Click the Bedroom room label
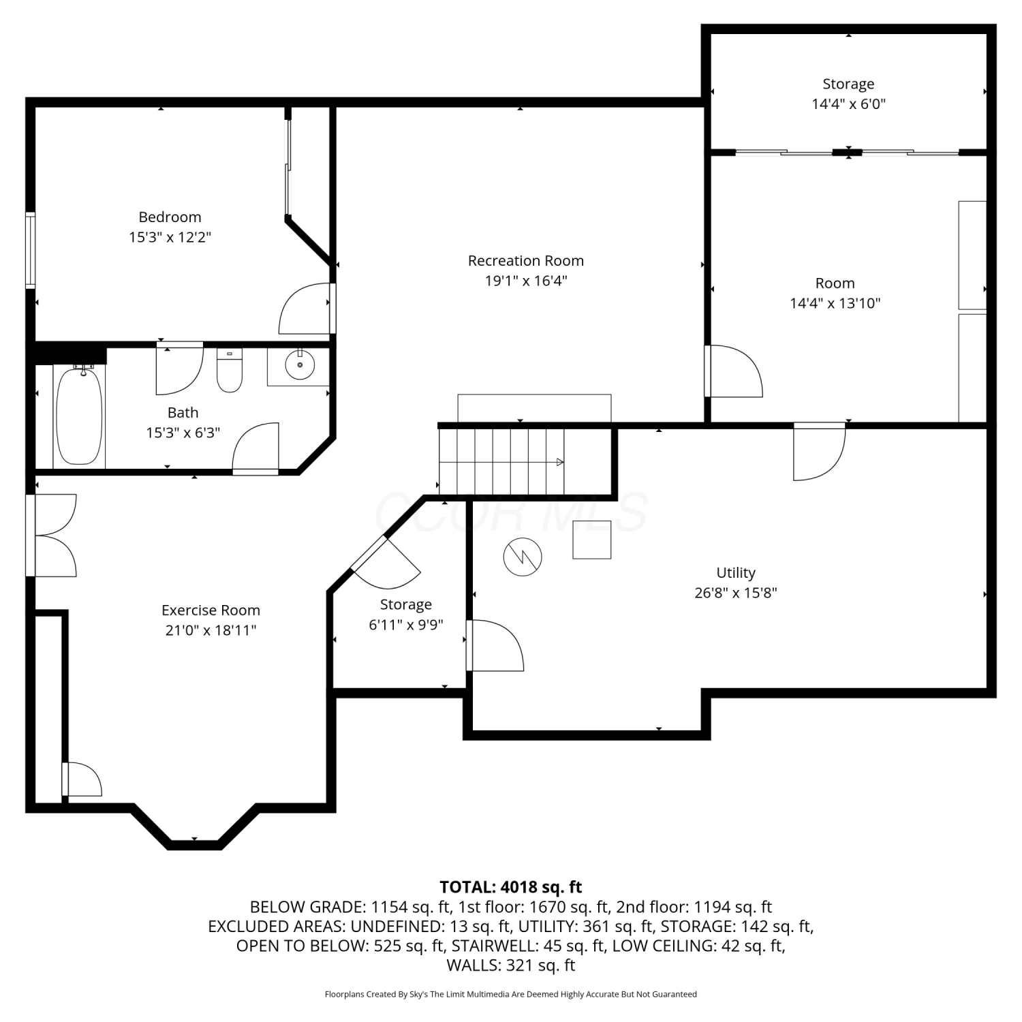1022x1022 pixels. click(170, 217)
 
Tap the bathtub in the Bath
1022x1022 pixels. click(79, 416)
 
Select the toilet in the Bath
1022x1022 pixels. click(230, 371)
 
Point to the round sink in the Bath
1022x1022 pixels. click(299, 365)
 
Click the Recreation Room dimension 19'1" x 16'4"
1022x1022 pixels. click(526, 281)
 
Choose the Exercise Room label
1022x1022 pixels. click(211, 610)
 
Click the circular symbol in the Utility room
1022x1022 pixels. click(523, 557)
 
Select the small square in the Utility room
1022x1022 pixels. click(591, 540)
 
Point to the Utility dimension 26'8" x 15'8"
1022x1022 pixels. click(736, 593)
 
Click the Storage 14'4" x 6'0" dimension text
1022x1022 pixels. click(848, 104)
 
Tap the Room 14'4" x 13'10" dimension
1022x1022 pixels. click(835, 303)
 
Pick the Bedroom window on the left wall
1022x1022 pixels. click(30, 249)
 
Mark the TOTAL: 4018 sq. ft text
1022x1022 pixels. click(511, 887)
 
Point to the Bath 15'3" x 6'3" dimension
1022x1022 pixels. click(183, 433)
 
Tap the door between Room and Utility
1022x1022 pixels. click(820, 451)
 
